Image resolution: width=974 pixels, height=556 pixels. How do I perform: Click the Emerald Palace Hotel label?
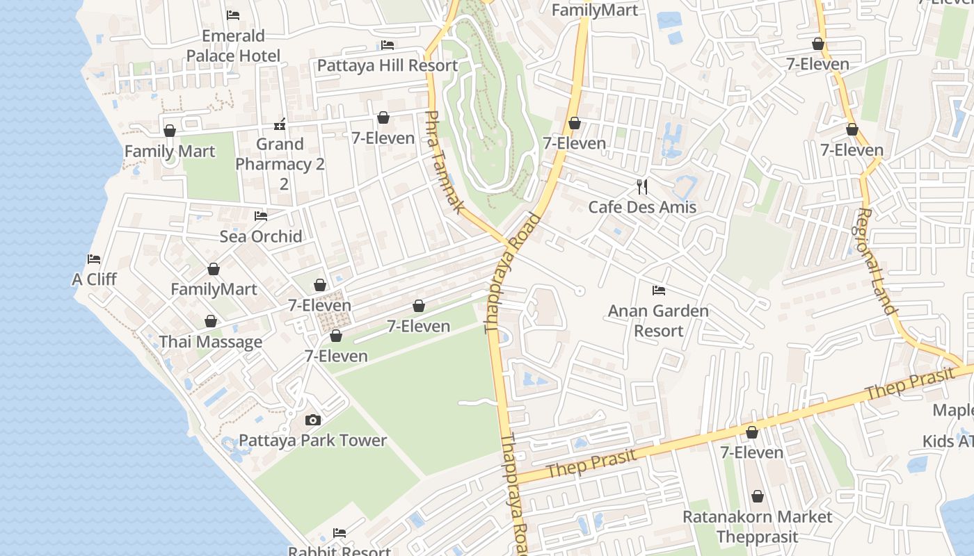[x=233, y=46]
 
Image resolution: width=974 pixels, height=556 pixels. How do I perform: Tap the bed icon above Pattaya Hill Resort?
[x=388, y=45]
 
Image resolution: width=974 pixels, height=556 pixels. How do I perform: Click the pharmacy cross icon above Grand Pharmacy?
[x=280, y=124]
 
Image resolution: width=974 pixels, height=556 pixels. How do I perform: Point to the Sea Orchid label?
[x=261, y=236]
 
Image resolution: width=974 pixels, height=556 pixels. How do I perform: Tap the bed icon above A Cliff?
[x=94, y=259]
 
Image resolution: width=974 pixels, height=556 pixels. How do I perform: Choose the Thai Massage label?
[x=211, y=342]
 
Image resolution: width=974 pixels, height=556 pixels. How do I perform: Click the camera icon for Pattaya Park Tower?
[x=313, y=420]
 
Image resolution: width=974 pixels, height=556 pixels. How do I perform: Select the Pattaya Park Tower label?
[x=313, y=441]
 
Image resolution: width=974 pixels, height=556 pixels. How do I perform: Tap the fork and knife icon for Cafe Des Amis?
[x=642, y=186]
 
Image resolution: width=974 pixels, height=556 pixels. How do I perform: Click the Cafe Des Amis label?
[x=642, y=207]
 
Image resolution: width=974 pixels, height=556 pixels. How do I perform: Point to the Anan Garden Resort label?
[x=658, y=320]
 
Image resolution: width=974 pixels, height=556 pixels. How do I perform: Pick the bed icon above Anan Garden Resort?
[x=658, y=290]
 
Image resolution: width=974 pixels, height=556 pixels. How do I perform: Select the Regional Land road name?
[x=876, y=261]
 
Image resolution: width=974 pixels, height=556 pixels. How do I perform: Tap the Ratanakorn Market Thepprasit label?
[x=757, y=527]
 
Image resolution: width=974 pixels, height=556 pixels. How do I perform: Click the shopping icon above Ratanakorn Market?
[x=757, y=496]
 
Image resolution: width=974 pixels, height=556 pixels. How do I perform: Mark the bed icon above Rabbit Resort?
[x=340, y=533]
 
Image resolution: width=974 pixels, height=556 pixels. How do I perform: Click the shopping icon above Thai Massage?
[x=211, y=321]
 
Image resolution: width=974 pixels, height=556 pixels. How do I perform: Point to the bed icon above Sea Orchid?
[x=261, y=216]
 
